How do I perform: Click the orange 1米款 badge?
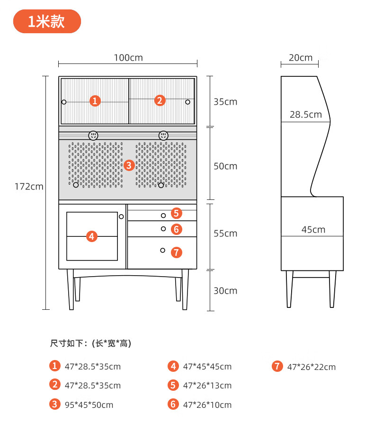[47, 21]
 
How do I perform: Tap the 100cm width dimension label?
[128, 58]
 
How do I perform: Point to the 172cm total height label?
[29, 187]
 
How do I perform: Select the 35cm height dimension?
[225, 102]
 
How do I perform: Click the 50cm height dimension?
[225, 166]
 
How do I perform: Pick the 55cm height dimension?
[225, 234]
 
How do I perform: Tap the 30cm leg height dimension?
[225, 291]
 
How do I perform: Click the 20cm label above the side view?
[301, 58]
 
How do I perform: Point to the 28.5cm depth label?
[306, 115]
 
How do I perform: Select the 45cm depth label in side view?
[313, 230]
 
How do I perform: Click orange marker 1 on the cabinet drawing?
[96, 100]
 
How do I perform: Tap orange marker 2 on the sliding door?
[160, 100]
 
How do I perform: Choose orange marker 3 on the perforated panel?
[130, 165]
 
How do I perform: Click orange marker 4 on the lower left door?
[92, 236]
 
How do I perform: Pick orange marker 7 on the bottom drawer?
[176, 252]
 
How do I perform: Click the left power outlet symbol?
[93, 135]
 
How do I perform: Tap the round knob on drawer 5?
[163, 216]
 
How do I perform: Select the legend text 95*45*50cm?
[89, 405]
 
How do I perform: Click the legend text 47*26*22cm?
[312, 367]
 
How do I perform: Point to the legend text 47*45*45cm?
[207, 367]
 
